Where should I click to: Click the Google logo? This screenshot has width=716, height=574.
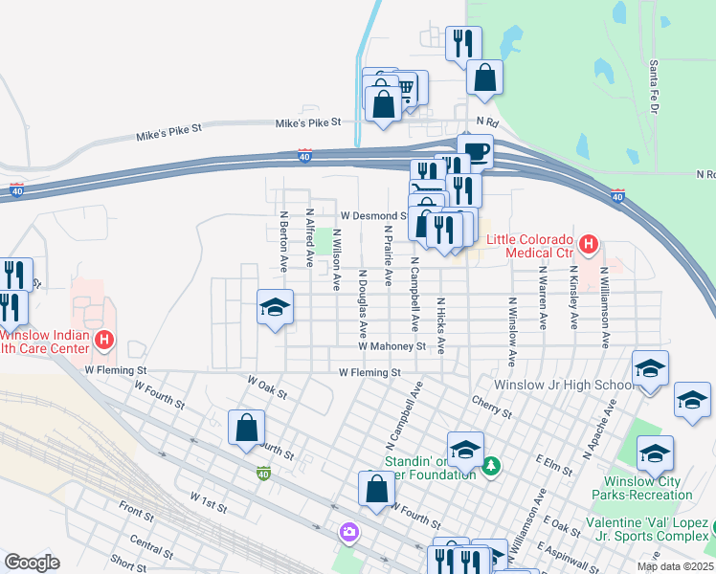pyautogui.click(x=32, y=563)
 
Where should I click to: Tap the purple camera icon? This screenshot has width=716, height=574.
pyautogui.click(x=348, y=531)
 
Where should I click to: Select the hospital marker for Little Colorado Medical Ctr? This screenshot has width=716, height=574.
pyautogui.click(x=588, y=245)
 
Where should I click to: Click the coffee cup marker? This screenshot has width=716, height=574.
pyautogui.click(x=475, y=151)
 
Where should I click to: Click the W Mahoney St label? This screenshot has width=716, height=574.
pyautogui.click(x=392, y=346)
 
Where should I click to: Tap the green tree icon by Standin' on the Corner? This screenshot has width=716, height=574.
pyautogui.click(x=492, y=466)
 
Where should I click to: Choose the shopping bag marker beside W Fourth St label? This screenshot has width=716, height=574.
pyautogui.click(x=246, y=428)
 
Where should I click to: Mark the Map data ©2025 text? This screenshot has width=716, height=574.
pyautogui.click(x=675, y=566)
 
